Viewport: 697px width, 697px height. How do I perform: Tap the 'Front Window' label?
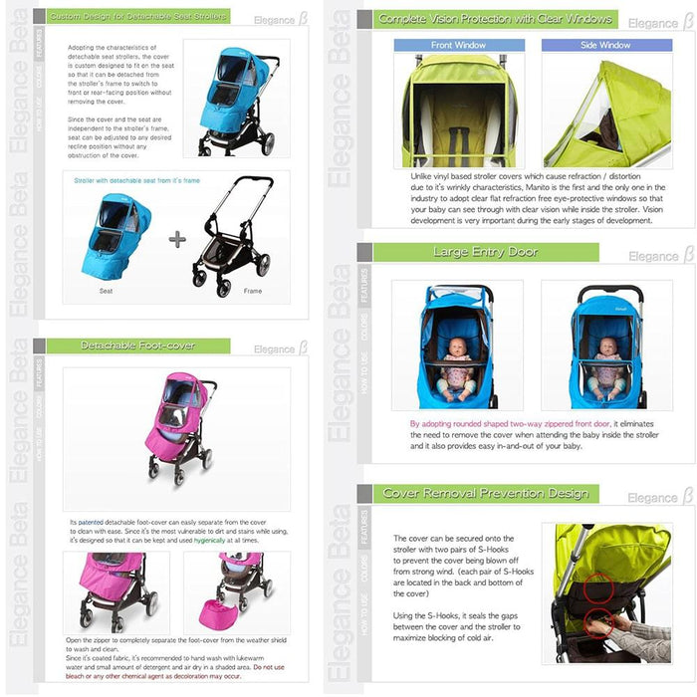pyautogui.click(x=458, y=45)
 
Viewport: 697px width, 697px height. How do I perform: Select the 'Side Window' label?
pyautogui.click(x=605, y=45)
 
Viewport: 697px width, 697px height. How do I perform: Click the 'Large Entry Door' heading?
pyautogui.click(x=485, y=252)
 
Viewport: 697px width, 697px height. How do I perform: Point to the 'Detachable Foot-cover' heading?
pyautogui.click(x=137, y=346)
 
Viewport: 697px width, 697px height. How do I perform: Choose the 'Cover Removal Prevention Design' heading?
pyautogui.click(x=485, y=493)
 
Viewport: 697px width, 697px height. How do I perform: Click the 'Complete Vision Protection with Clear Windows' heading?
pyautogui.click(x=495, y=19)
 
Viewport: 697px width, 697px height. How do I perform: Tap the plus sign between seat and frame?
pyautogui.click(x=177, y=239)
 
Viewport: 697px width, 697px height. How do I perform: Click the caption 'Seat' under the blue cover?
pyautogui.click(x=106, y=291)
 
